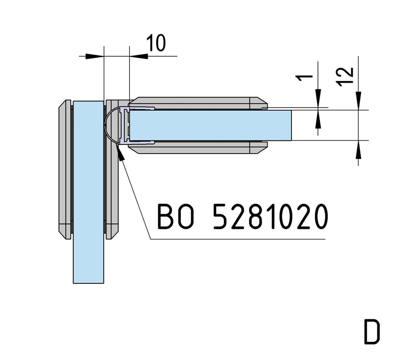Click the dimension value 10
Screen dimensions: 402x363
(x=156, y=43)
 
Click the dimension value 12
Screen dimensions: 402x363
(x=345, y=77)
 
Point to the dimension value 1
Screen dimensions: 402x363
(x=304, y=77)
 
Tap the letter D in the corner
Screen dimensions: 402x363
(x=372, y=332)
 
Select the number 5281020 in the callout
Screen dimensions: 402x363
(x=271, y=216)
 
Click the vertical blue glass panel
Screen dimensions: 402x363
(x=88, y=192)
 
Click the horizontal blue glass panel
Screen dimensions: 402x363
(x=210, y=125)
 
